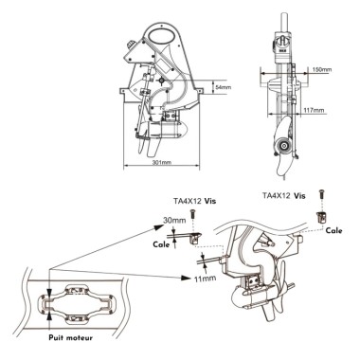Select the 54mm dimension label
pos(223,86)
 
